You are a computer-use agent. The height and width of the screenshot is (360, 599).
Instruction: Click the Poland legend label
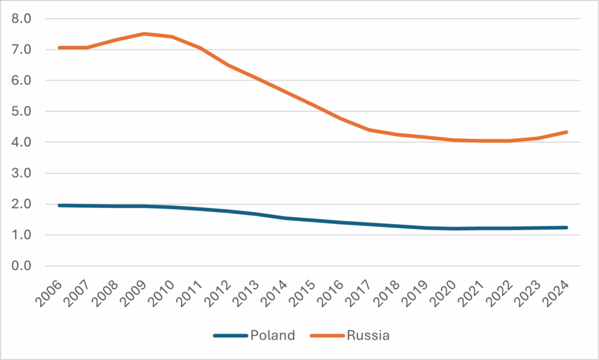(272, 335)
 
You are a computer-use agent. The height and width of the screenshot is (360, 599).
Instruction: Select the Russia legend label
(368, 335)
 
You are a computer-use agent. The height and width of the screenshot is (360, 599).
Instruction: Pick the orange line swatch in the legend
(326, 335)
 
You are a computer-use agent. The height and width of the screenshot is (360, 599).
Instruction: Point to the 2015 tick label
(303, 289)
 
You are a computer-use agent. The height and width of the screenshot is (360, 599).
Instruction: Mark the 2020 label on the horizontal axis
(445, 289)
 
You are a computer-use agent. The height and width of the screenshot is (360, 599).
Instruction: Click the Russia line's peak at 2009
(144, 34)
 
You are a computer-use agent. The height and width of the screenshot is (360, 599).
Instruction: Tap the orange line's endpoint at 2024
(567, 132)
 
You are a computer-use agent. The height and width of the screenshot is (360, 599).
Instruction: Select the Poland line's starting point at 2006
(59, 205)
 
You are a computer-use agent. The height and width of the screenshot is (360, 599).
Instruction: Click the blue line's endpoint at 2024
(567, 228)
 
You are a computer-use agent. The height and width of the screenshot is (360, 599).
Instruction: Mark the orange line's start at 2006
(59, 47)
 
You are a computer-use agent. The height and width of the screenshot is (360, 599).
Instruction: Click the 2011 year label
(190, 289)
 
